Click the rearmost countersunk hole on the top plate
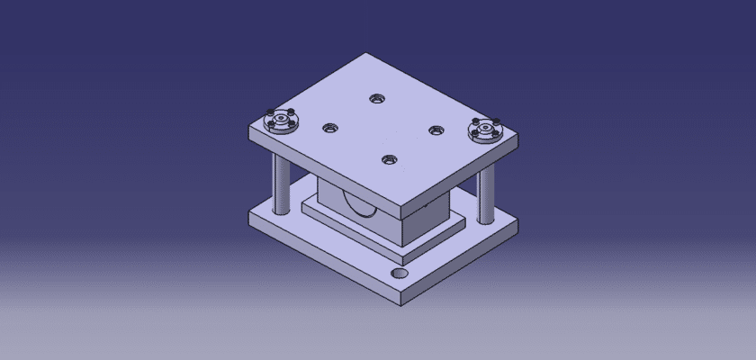[375, 97]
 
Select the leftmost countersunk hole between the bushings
[329, 128]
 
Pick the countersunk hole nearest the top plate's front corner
[389, 160]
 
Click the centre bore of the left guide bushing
[279, 117]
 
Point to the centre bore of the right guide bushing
[483, 130]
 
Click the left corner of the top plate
[249, 129]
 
